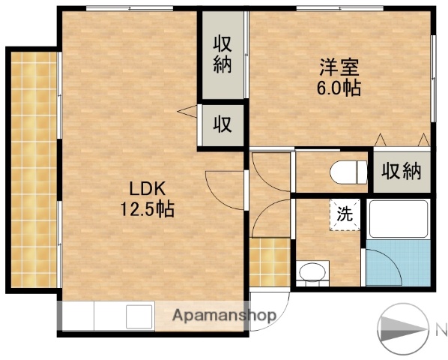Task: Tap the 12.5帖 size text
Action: (x=148, y=209)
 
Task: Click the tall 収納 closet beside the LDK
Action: (x=223, y=54)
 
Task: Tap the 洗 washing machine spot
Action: (x=345, y=213)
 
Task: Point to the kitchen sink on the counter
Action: (x=139, y=316)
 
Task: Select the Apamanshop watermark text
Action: (x=225, y=316)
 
